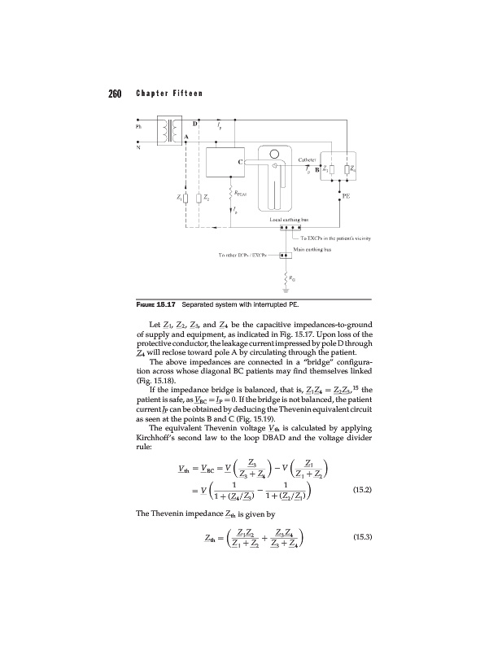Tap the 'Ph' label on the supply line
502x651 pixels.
click(x=138, y=125)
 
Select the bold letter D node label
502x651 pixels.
click(x=194, y=122)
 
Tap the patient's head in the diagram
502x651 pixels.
click(x=274, y=158)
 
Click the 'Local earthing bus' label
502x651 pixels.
click(x=284, y=221)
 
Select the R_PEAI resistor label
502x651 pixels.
click(x=242, y=194)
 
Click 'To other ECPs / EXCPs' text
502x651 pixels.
click(x=247, y=255)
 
